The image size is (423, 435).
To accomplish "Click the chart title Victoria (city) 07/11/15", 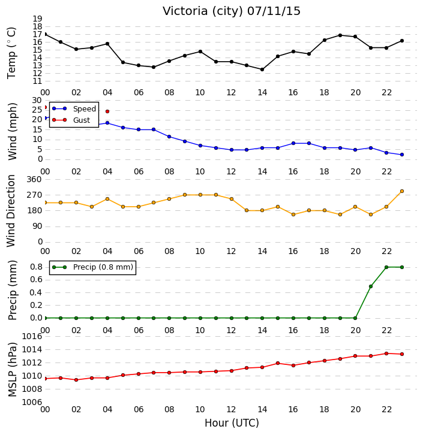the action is [232, 11].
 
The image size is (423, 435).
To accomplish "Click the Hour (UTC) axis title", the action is [232, 423].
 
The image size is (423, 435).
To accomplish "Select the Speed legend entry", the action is [74, 109].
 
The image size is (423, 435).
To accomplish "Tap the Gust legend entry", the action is [71, 120].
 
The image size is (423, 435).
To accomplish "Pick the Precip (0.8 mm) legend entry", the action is [92, 267].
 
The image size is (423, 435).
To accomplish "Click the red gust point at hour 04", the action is [107, 111].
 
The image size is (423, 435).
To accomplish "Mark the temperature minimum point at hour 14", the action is [262, 70].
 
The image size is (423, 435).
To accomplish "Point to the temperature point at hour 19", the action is [340, 35].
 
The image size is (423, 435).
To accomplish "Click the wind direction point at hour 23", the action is [402, 191].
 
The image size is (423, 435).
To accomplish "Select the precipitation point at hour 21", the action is [371, 286].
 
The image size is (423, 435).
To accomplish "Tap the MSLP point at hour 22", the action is [386, 354].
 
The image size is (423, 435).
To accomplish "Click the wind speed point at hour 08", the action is [169, 137].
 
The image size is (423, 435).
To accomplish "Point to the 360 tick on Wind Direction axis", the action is [34, 180].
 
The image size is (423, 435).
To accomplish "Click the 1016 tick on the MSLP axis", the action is [32, 337].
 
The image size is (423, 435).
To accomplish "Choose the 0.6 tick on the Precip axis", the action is [36, 280].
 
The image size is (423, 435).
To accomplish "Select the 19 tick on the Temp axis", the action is [37, 19].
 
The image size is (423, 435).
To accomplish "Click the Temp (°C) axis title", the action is [11, 53].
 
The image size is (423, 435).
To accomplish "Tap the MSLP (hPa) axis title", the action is [13, 370].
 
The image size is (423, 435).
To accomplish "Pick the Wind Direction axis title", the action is [11, 211].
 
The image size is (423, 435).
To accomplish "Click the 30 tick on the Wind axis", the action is [37, 101].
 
